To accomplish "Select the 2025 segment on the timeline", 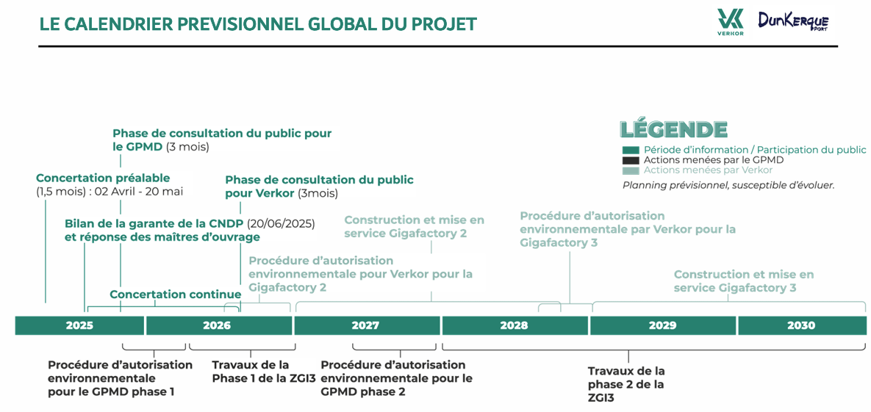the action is (x=79, y=325).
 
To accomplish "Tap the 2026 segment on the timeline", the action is (x=220, y=325).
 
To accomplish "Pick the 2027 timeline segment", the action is (x=368, y=325).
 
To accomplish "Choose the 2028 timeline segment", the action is (x=515, y=325).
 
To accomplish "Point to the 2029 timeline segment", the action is (x=663, y=325).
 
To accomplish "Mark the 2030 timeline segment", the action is (x=802, y=325).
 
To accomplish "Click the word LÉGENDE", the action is (x=674, y=129).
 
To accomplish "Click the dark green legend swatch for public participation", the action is (x=631, y=150).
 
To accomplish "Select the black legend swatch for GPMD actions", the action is (x=631, y=160).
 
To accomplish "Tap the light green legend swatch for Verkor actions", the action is (x=631, y=170).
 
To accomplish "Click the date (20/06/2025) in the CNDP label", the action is (x=281, y=224).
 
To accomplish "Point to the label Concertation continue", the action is (x=176, y=294).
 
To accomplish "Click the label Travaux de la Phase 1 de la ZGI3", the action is (x=251, y=372).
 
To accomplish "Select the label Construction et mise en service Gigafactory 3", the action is (x=744, y=281).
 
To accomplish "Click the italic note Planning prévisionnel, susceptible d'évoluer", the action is (x=728, y=186).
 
